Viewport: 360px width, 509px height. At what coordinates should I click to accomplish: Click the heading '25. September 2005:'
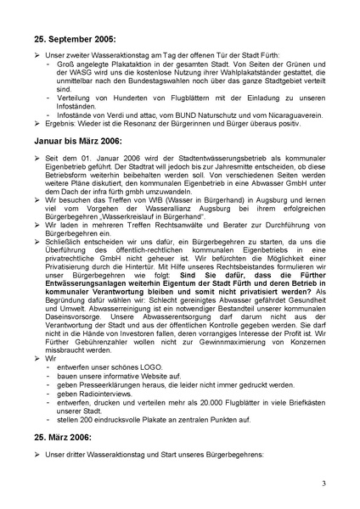(x=75, y=38)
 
